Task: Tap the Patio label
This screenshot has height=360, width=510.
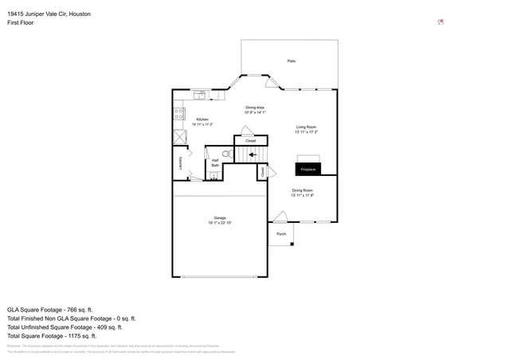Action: pos(292,61)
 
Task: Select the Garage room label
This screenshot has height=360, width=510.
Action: pos(219,217)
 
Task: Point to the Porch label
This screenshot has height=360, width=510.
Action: pos(281,234)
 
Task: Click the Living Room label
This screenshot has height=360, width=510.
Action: pos(307,127)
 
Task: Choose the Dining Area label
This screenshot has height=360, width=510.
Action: pos(255,108)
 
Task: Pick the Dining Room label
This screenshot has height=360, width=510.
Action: pos(302,190)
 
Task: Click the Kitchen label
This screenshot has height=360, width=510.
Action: pos(202,119)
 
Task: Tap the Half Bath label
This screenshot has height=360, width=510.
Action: pos(215,162)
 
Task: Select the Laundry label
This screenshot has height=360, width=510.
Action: pos(181,163)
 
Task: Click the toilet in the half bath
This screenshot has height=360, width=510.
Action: pos(226,154)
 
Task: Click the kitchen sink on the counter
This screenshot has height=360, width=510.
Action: pos(199,95)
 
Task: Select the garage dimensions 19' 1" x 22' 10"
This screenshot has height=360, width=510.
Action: pos(219,223)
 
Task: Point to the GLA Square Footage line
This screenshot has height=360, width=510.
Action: pos(50,309)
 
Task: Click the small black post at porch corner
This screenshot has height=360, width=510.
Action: pos(292,244)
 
